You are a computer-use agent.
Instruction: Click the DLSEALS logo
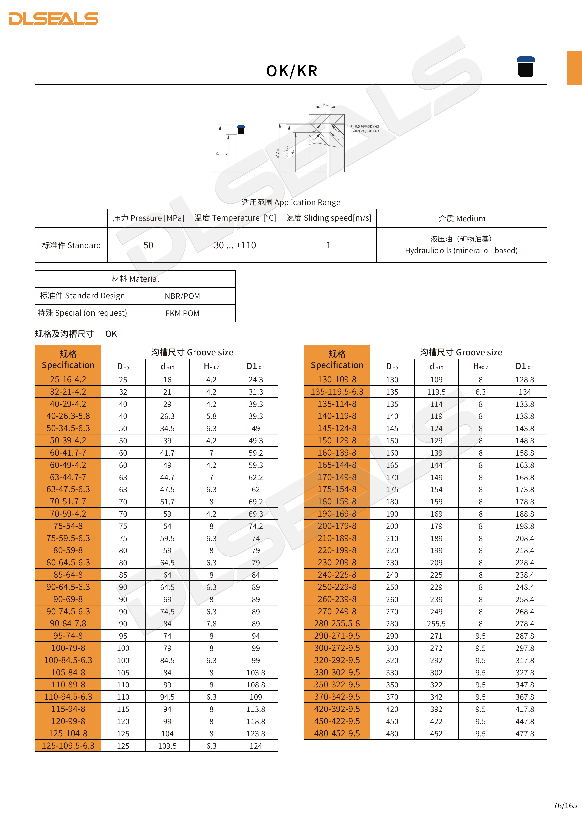tap(54, 19)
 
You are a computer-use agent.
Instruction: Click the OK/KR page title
tap(292, 71)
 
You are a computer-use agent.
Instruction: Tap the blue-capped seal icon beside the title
tap(525, 67)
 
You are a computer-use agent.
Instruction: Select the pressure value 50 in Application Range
tap(148, 245)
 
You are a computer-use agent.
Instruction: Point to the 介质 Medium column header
tap(462, 218)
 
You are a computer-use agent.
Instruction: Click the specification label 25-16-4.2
tap(68, 380)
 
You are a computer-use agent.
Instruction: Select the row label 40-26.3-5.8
tap(68, 416)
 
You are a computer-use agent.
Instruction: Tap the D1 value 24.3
tap(256, 380)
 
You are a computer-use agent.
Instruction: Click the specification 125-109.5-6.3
tap(68, 746)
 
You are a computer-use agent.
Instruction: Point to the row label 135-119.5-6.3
tap(337, 392)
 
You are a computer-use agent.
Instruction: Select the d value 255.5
tap(436, 624)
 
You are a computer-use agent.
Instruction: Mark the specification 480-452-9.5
tap(337, 734)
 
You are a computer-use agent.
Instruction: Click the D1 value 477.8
tap(525, 734)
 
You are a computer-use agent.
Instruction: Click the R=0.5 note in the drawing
tap(364, 126)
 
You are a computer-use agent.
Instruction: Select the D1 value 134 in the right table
tap(525, 392)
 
